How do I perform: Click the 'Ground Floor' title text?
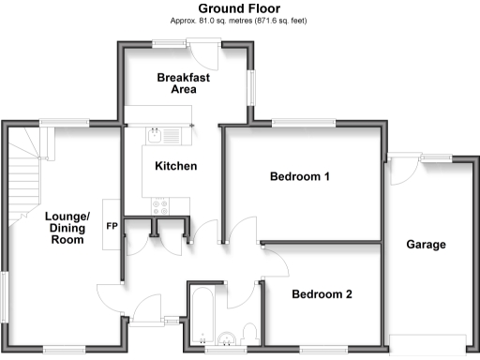pos(239,8)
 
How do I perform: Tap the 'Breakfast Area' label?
pos(183,83)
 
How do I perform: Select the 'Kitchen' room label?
pos(175,167)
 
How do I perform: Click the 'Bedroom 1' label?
pos(300,176)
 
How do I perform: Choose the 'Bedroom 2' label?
pos(322,294)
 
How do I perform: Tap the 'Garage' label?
pos(426,245)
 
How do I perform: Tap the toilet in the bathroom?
pos(248,332)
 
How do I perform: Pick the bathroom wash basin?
pos(226,337)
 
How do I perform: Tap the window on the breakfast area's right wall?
pos(250,89)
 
